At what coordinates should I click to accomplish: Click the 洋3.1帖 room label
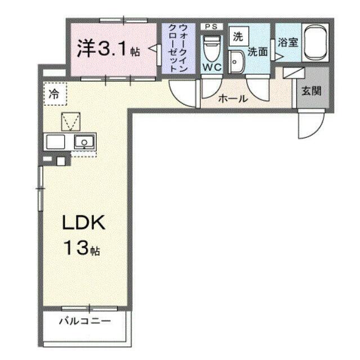pos(109,49)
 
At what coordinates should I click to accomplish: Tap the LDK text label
pos(84,222)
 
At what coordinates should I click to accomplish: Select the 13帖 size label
pos(82,248)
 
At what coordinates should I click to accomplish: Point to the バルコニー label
pos(85,321)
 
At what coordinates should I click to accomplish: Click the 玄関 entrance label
pos(311,91)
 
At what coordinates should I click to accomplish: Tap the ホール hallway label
pos(233,99)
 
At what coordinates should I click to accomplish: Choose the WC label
pos(212,67)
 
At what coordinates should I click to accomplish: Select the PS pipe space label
pos(211,26)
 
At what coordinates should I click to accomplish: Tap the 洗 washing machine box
pos(238,36)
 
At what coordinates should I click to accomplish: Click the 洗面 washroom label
pos(258,52)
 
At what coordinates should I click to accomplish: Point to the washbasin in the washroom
pos(236,61)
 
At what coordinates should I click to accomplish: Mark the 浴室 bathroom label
pos(288,43)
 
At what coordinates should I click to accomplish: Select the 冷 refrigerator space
pos(55,94)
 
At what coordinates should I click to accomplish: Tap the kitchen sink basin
pos(84,142)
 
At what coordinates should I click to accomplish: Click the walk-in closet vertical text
pos(178,48)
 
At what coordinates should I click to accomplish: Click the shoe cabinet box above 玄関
pos(294,73)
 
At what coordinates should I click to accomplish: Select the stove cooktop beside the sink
pos(55,142)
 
